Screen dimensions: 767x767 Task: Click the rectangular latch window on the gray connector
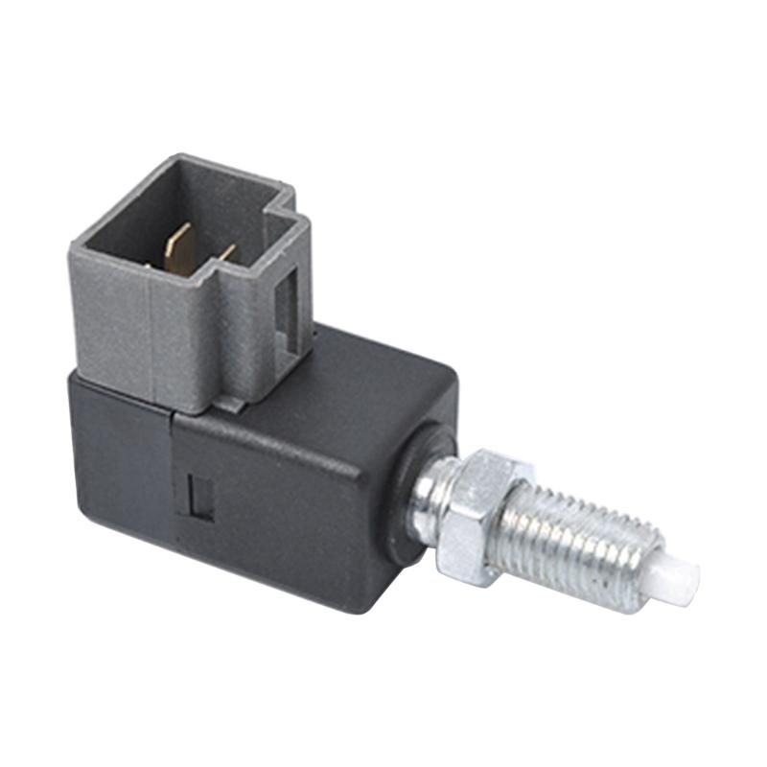tap(287, 305)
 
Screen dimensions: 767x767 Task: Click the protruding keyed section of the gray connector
tap(288, 288)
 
